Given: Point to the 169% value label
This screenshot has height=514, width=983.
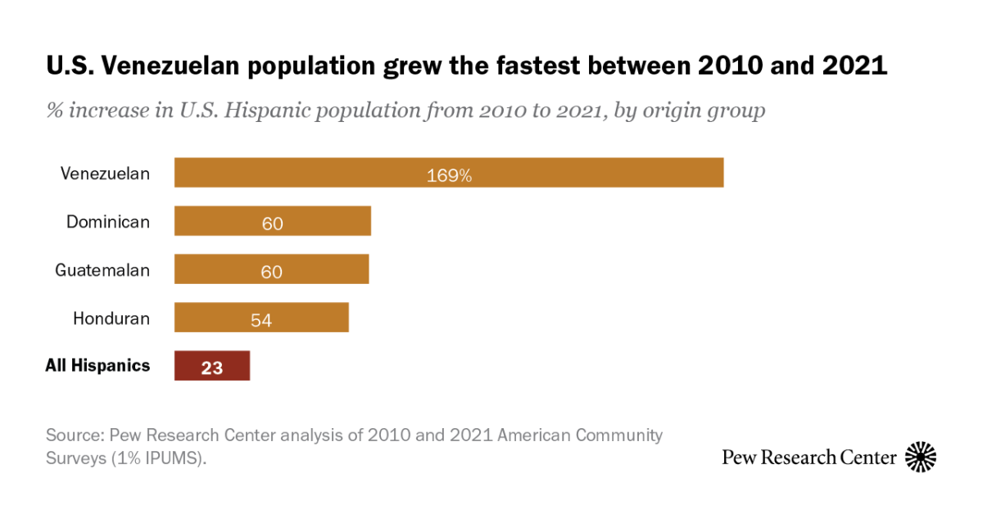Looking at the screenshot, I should (449, 174).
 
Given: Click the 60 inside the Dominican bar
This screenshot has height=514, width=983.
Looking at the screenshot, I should (272, 223).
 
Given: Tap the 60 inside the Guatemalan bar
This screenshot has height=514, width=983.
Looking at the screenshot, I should (271, 271).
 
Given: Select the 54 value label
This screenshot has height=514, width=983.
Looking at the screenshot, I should (261, 319).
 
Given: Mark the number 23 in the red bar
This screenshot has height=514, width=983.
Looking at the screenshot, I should (212, 367).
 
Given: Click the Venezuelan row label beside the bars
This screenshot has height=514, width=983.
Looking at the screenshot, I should (105, 174).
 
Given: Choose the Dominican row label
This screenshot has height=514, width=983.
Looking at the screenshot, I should (108, 222).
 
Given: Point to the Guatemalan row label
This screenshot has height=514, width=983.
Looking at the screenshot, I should (102, 270).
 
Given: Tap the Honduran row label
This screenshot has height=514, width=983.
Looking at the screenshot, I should (111, 318).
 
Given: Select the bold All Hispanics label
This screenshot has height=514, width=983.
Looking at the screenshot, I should (97, 366).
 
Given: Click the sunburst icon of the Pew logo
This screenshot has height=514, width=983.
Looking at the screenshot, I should (920, 457).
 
